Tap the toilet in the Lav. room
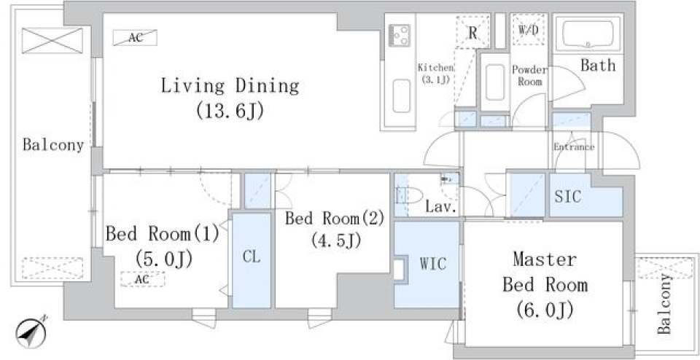click(409, 196)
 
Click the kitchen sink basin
click(401, 96)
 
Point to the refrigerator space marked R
click(472, 31)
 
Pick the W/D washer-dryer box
click(529, 30)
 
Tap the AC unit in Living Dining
click(135, 37)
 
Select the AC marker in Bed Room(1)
click(142, 279)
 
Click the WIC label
click(432, 264)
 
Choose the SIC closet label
click(567, 196)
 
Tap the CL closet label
click(252, 257)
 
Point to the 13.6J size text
click(230, 110)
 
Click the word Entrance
click(574, 146)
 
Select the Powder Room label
click(529, 76)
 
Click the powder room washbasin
click(494, 82)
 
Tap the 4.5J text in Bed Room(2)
click(336, 240)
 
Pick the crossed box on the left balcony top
click(52, 41)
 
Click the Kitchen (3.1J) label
click(436, 74)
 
